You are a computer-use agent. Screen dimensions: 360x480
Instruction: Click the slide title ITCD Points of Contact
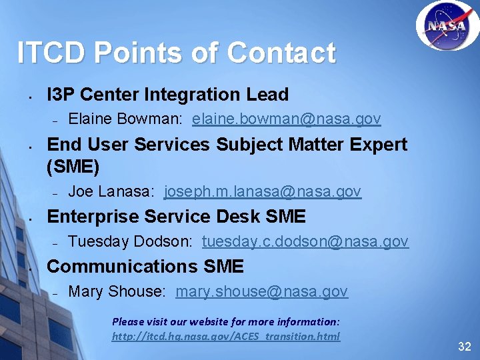176,53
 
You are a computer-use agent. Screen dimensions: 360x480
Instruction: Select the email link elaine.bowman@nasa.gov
286,119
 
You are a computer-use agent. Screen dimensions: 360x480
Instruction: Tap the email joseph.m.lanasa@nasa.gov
262,192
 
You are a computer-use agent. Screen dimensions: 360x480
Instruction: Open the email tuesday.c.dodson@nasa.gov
305,241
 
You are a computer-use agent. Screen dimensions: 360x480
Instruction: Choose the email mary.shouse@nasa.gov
261,291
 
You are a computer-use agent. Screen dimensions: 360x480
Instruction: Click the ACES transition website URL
225,336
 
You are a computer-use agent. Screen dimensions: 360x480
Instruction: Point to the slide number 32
464,347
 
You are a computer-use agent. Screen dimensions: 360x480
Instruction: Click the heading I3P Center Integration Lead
168,95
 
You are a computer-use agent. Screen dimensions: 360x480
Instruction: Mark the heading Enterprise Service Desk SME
177,217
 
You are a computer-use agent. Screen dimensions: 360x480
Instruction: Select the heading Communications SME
145,267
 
